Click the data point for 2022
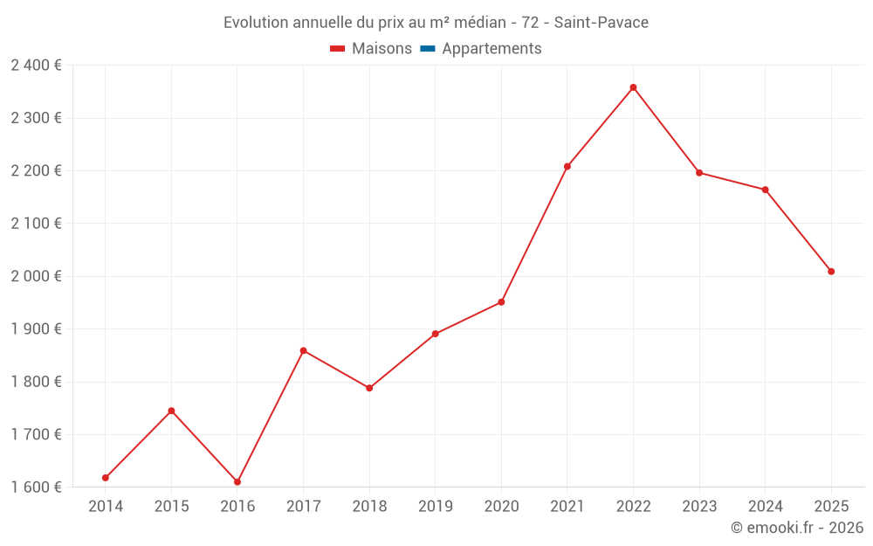(x=633, y=87)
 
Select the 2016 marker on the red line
(x=237, y=482)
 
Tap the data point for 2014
(x=106, y=478)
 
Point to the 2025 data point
(x=831, y=272)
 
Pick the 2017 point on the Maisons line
(x=303, y=351)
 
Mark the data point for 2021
(x=567, y=167)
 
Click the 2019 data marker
(x=436, y=334)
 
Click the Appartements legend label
(x=491, y=49)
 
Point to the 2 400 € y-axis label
(x=36, y=66)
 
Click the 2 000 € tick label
(x=36, y=276)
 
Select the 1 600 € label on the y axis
(x=36, y=487)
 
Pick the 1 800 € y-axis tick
(x=36, y=382)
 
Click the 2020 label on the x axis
(x=501, y=507)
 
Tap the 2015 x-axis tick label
(x=171, y=507)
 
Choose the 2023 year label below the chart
(x=699, y=507)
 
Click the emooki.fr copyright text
(x=796, y=528)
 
